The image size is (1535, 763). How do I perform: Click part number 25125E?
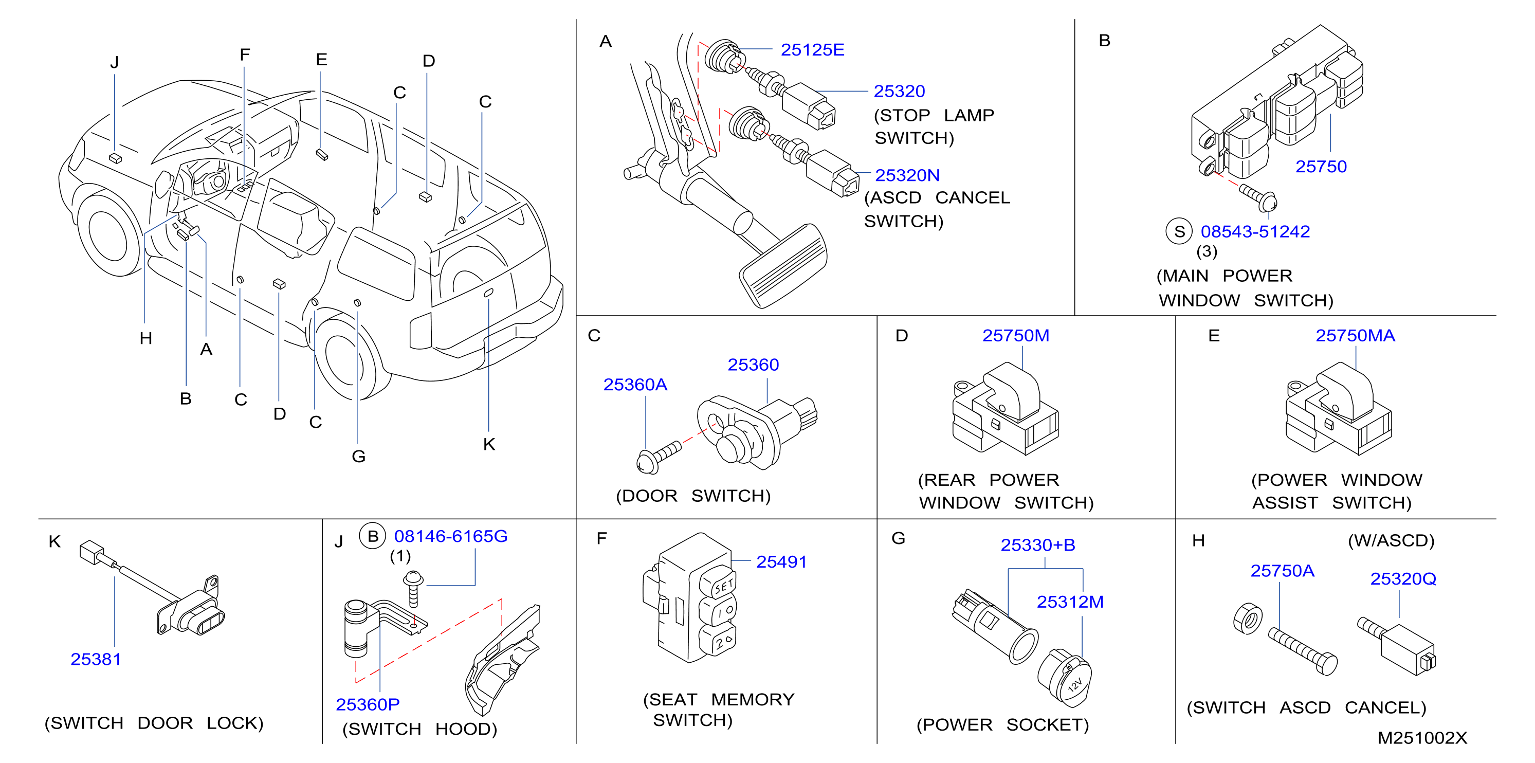(x=812, y=49)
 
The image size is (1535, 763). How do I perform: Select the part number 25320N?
(x=907, y=175)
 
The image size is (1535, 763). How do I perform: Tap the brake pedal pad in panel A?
(x=783, y=265)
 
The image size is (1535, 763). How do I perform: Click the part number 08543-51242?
(x=1255, y=231)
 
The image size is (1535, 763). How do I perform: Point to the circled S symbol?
(x=1179, y=231)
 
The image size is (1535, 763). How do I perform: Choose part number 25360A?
(x=635, y=385)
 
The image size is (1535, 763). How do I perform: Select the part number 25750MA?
(x=1355, y=336)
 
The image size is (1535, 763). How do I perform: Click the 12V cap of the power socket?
(x=1066, y=678)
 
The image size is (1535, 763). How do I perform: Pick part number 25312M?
(x=1070, y=602)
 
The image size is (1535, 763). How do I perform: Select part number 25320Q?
(x=1403, y=579)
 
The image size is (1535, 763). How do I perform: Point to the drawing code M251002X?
(x=1422, y=738)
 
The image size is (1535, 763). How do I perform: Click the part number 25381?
(x=95, y=659)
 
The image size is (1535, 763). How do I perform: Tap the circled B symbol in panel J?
(x=372, y=536)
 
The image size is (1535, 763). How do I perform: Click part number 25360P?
(x=368, y=704)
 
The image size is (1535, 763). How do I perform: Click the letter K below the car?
(x=489, y=444)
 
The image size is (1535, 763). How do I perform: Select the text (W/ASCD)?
(x=1391, y=541)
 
